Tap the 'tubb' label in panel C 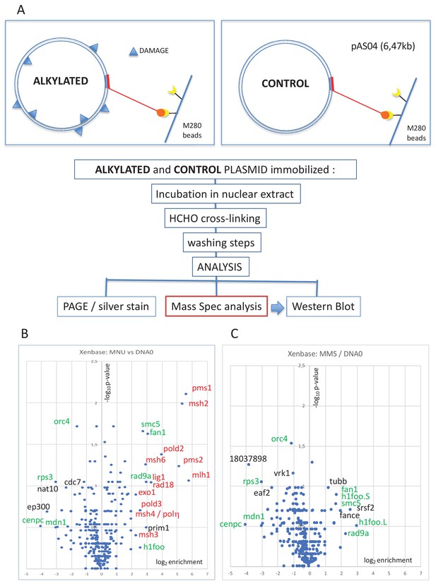click(x=337, y=482)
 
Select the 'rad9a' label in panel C click(x=358, y=533)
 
